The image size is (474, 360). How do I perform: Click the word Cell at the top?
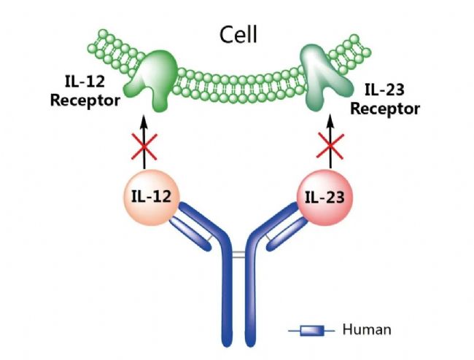coord(238,35)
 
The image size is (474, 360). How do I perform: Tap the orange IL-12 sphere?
coord(151,197)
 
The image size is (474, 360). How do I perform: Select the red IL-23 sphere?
coord(325,197)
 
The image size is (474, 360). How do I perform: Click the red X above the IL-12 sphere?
coord(144,146)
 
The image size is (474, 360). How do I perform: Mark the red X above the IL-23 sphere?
coord(330,146)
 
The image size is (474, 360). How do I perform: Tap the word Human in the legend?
coord(367,329)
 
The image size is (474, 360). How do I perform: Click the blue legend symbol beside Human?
coord(311,331)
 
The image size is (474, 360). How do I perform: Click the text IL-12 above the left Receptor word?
coord(85,82)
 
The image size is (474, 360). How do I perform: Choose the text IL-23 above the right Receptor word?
coord(384,90)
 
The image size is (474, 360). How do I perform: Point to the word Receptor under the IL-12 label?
coord(85,101)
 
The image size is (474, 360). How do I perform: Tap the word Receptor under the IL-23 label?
coord(385,109)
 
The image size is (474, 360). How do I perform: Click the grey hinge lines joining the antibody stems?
coord(238,255)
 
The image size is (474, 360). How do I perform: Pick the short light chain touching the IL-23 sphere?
coord(287,235)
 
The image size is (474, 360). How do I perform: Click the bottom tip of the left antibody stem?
coord(228,346)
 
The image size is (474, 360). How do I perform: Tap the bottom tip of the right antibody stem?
coord(250,346)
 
